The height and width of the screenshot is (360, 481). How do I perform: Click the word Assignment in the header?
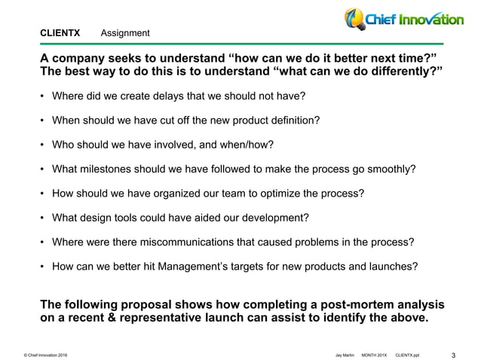pyautogui.click(x=124, y=33)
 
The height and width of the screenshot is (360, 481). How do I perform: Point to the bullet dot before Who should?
pyautogui.click(x=42, y=145)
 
